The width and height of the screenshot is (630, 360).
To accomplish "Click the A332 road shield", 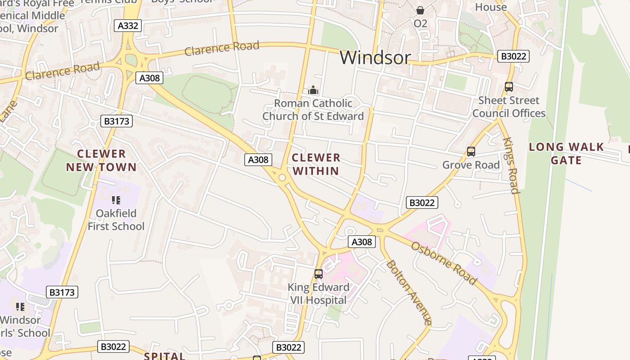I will coord(128,26).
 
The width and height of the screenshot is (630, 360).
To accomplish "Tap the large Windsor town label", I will coord(375,58).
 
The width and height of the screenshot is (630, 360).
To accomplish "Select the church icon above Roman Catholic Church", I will coord(313,90).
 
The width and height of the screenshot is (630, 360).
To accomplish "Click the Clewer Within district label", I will coord(316,164).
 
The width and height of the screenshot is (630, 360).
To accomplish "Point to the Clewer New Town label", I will coord(101,161).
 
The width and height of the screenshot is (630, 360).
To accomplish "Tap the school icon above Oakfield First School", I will coord(116,200).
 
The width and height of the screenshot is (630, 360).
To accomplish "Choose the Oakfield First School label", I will coord(116,220).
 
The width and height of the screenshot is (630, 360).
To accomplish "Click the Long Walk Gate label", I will coord(566,153).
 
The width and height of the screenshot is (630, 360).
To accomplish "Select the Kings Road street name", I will coord(511,165).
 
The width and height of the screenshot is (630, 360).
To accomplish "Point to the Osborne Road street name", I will coord(444,263).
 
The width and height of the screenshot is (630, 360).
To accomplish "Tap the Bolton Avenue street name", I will coord(409,292).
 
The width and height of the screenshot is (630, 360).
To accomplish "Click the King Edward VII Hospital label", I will coord(319,294).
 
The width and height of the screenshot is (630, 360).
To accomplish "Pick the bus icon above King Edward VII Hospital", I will coord(319,274).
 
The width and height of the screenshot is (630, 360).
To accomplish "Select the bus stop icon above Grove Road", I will coord(471,152).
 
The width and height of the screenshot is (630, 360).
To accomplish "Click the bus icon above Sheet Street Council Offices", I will coord(509,87).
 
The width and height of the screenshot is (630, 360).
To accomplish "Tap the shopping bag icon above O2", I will coord(420,10).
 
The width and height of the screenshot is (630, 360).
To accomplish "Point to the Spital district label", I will coord(165,356).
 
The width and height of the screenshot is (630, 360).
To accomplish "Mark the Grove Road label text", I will coord(471,165).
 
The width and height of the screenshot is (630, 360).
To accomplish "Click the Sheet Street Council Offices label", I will coord(509,107).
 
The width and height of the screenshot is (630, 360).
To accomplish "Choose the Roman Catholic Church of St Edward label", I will coord(313,110).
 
